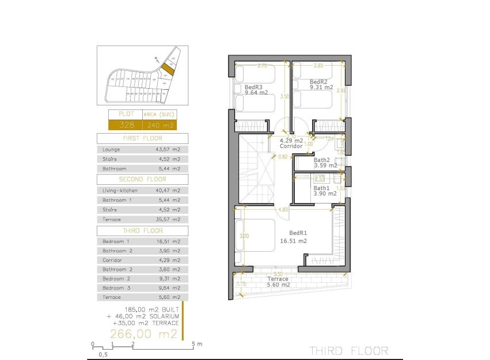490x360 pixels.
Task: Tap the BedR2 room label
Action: pyautogui.click(x=318, y=82)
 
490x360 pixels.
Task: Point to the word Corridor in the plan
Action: pyautogui.click(x=291, y=146)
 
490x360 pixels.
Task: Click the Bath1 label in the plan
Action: pyautogui.click(x=321, y=188)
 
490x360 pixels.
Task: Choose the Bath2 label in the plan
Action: pyautogui.click(x=322, y=160)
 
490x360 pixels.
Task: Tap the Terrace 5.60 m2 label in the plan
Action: pyautogui.click(x=278, y=279)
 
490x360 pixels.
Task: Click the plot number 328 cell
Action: pyautogui.click(x=125, y=125)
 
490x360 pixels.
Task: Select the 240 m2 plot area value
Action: pyautogui.click(x=159, y=125)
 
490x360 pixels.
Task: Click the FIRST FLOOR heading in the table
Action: pyautogui.click(x=142, y=139)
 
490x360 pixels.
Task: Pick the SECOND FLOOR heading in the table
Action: pyautogui.click(x=142, y=179)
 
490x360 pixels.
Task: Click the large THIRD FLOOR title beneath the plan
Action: pyautogui.click(x=348, y=350)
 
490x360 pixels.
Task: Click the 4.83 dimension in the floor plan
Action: pyautogui.click(x=283, y=210)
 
